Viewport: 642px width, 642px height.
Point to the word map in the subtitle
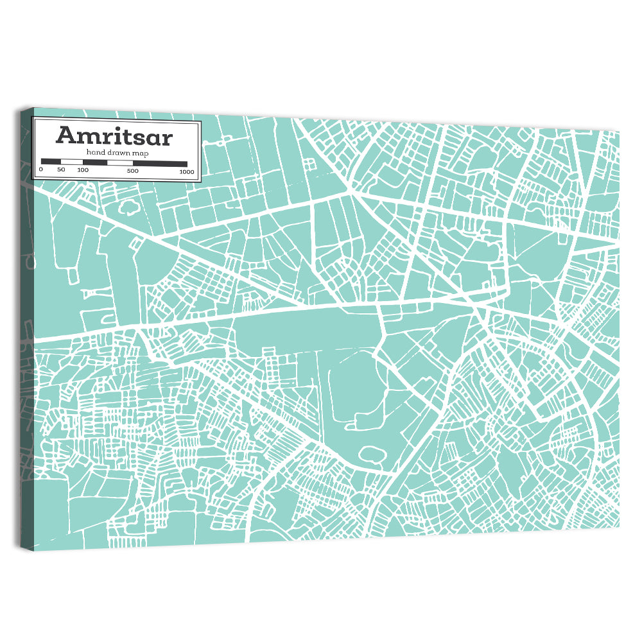(x=141, y=153)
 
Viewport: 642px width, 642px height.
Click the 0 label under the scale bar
(x=41, y=170)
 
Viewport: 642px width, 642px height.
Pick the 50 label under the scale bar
(x=61, y=170)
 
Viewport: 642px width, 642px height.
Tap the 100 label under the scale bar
(x=83, y=170)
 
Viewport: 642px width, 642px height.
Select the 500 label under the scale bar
(x=133, y=171)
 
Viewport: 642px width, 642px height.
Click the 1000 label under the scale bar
(x=187, y=171)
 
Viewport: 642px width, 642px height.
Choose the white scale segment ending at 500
(x=120, y=163)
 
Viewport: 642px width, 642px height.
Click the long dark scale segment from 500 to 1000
(x=160, y=164)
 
